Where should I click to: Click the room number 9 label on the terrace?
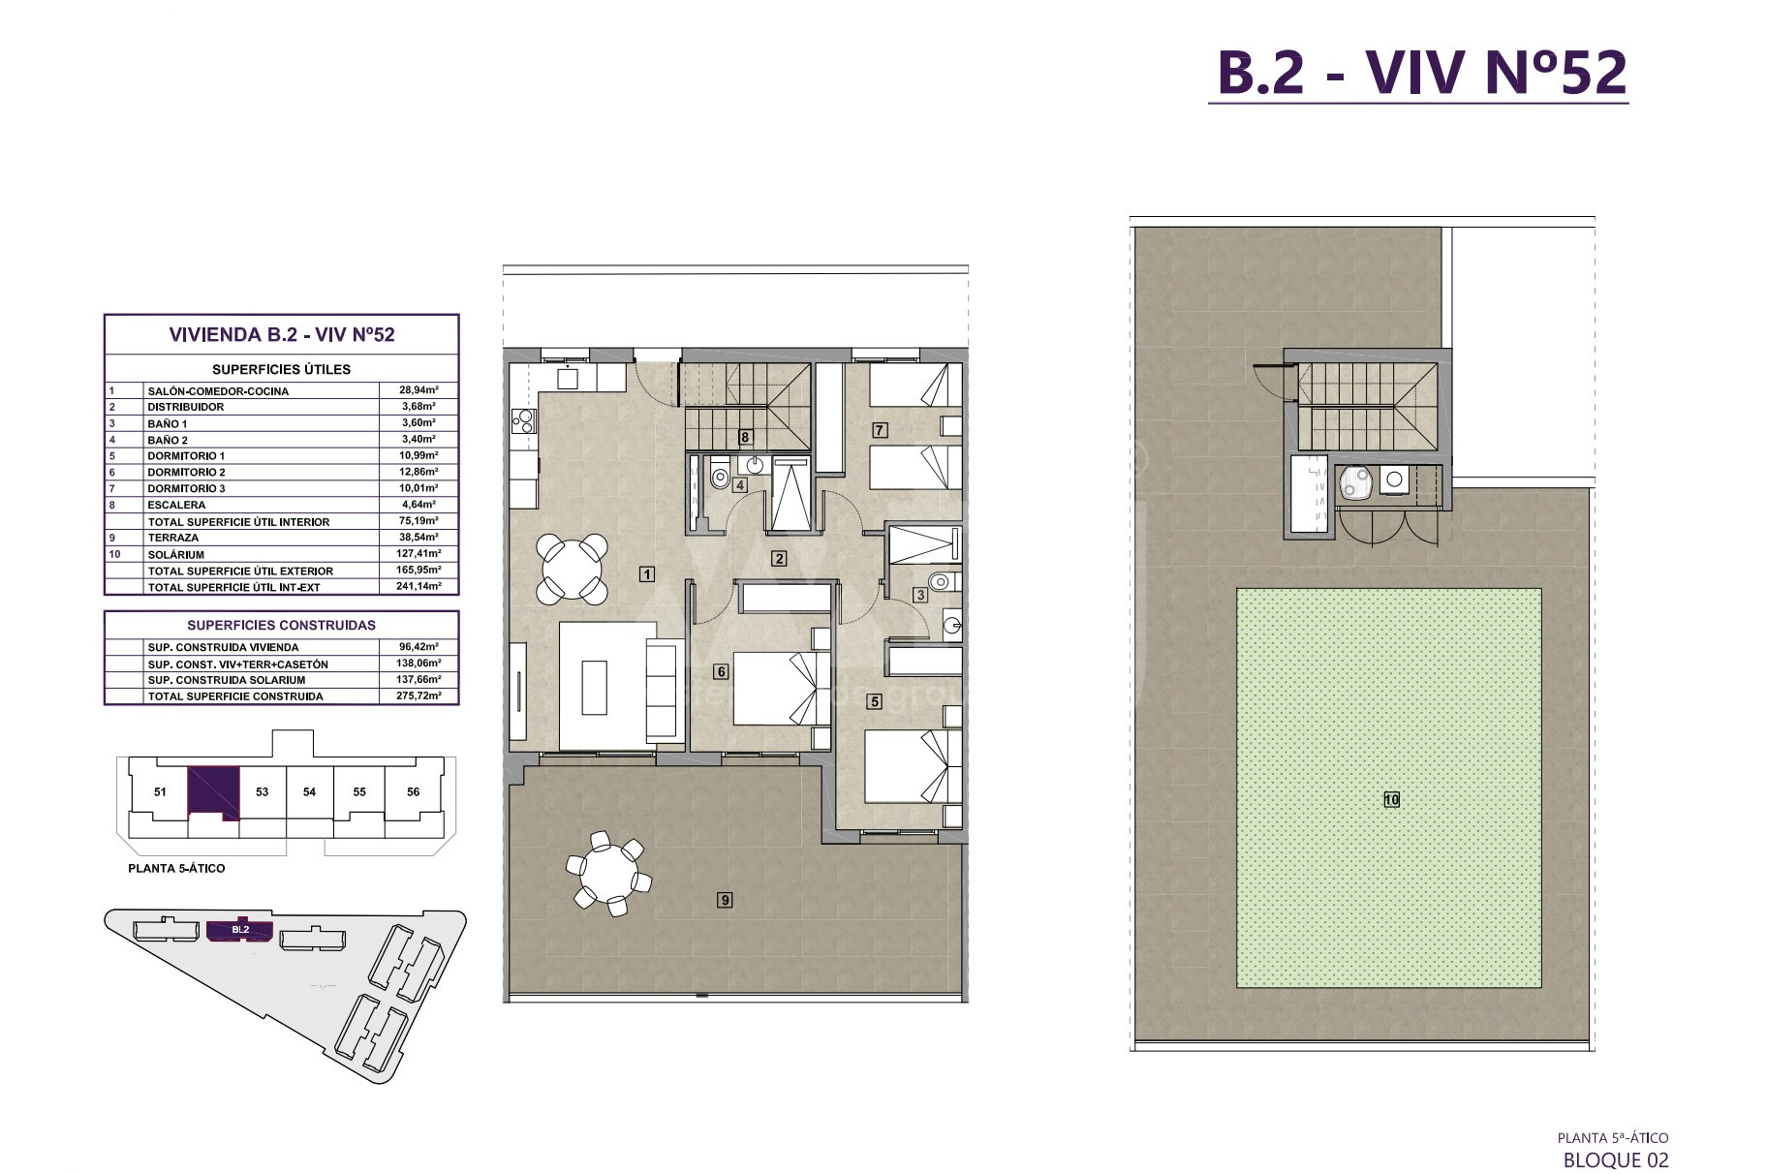click(x=725, y=900)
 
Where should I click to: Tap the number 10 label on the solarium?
click(x=1392, y=800)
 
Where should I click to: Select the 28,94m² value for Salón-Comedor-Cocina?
click(x=418, y=390)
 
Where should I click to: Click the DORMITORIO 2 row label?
click(x=186, y=472)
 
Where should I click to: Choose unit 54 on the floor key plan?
click(x=309, y=791)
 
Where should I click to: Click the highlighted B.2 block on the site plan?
click(x=240, y=930)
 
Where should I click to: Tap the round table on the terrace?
click(x=607, y=873)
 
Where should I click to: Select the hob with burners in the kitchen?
click(x=524, y=421)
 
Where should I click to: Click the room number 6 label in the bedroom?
click(x=720, y=671)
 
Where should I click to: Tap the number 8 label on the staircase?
click(x=745, y=437)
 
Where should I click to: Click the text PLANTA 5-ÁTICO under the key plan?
click(x=176, y=868)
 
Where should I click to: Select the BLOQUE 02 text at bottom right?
click(x=1616, y=1159)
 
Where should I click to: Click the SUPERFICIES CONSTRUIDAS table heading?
click(x=282, y=625)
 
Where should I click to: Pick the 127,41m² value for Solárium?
click(x=418, y=554)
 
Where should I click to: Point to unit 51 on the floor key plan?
click(x=160, y=791)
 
